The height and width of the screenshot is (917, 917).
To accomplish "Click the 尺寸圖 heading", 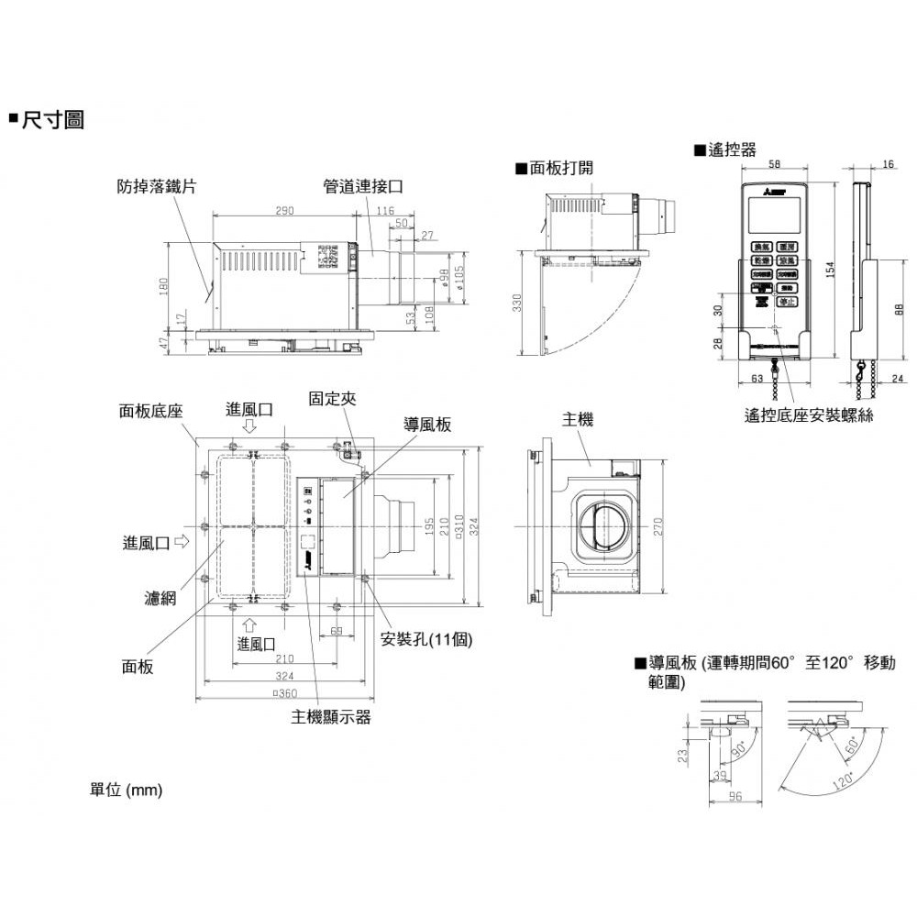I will click(54, 119).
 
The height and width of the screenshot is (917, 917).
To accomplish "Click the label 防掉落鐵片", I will click(157, 186).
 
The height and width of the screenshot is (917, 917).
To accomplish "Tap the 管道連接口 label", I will click(363, 186).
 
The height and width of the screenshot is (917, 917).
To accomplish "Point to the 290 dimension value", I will click(284, 211).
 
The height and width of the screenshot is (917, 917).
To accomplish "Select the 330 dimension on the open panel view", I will click(516, 303).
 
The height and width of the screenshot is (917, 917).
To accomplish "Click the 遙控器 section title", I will click(731, 150).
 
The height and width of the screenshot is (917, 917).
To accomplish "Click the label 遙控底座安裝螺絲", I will click(810, 415).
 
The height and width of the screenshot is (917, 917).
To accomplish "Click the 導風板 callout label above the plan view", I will click(426, 425).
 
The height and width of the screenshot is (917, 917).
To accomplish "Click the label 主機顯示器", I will click(331, 717).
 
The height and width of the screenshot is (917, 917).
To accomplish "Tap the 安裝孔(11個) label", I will click(425, 639).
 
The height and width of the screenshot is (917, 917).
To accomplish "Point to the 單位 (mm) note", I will click(126, 790).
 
